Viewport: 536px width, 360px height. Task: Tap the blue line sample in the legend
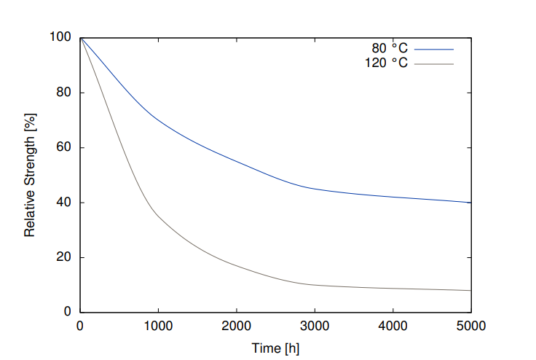tap(434, 49)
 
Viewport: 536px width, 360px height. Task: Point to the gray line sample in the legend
tap(434, 63)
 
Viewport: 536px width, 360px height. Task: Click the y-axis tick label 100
tap(60, 38)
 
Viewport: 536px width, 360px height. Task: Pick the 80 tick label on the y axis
tap(64, 93)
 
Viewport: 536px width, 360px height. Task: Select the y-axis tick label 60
tap(64, 148)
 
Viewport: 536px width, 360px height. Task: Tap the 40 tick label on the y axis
tap(64, 203)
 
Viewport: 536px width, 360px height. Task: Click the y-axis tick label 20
tap(64, 257)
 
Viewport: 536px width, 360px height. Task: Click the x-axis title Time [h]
tap(275, 348)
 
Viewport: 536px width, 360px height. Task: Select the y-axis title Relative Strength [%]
tap(30, 175)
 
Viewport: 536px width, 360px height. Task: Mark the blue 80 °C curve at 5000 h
tap(470, 203)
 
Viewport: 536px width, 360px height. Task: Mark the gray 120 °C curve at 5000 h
tap(470, 290)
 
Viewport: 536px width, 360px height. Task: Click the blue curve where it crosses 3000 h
tap(315, 189)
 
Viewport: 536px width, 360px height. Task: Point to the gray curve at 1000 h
tap(158, 216)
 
